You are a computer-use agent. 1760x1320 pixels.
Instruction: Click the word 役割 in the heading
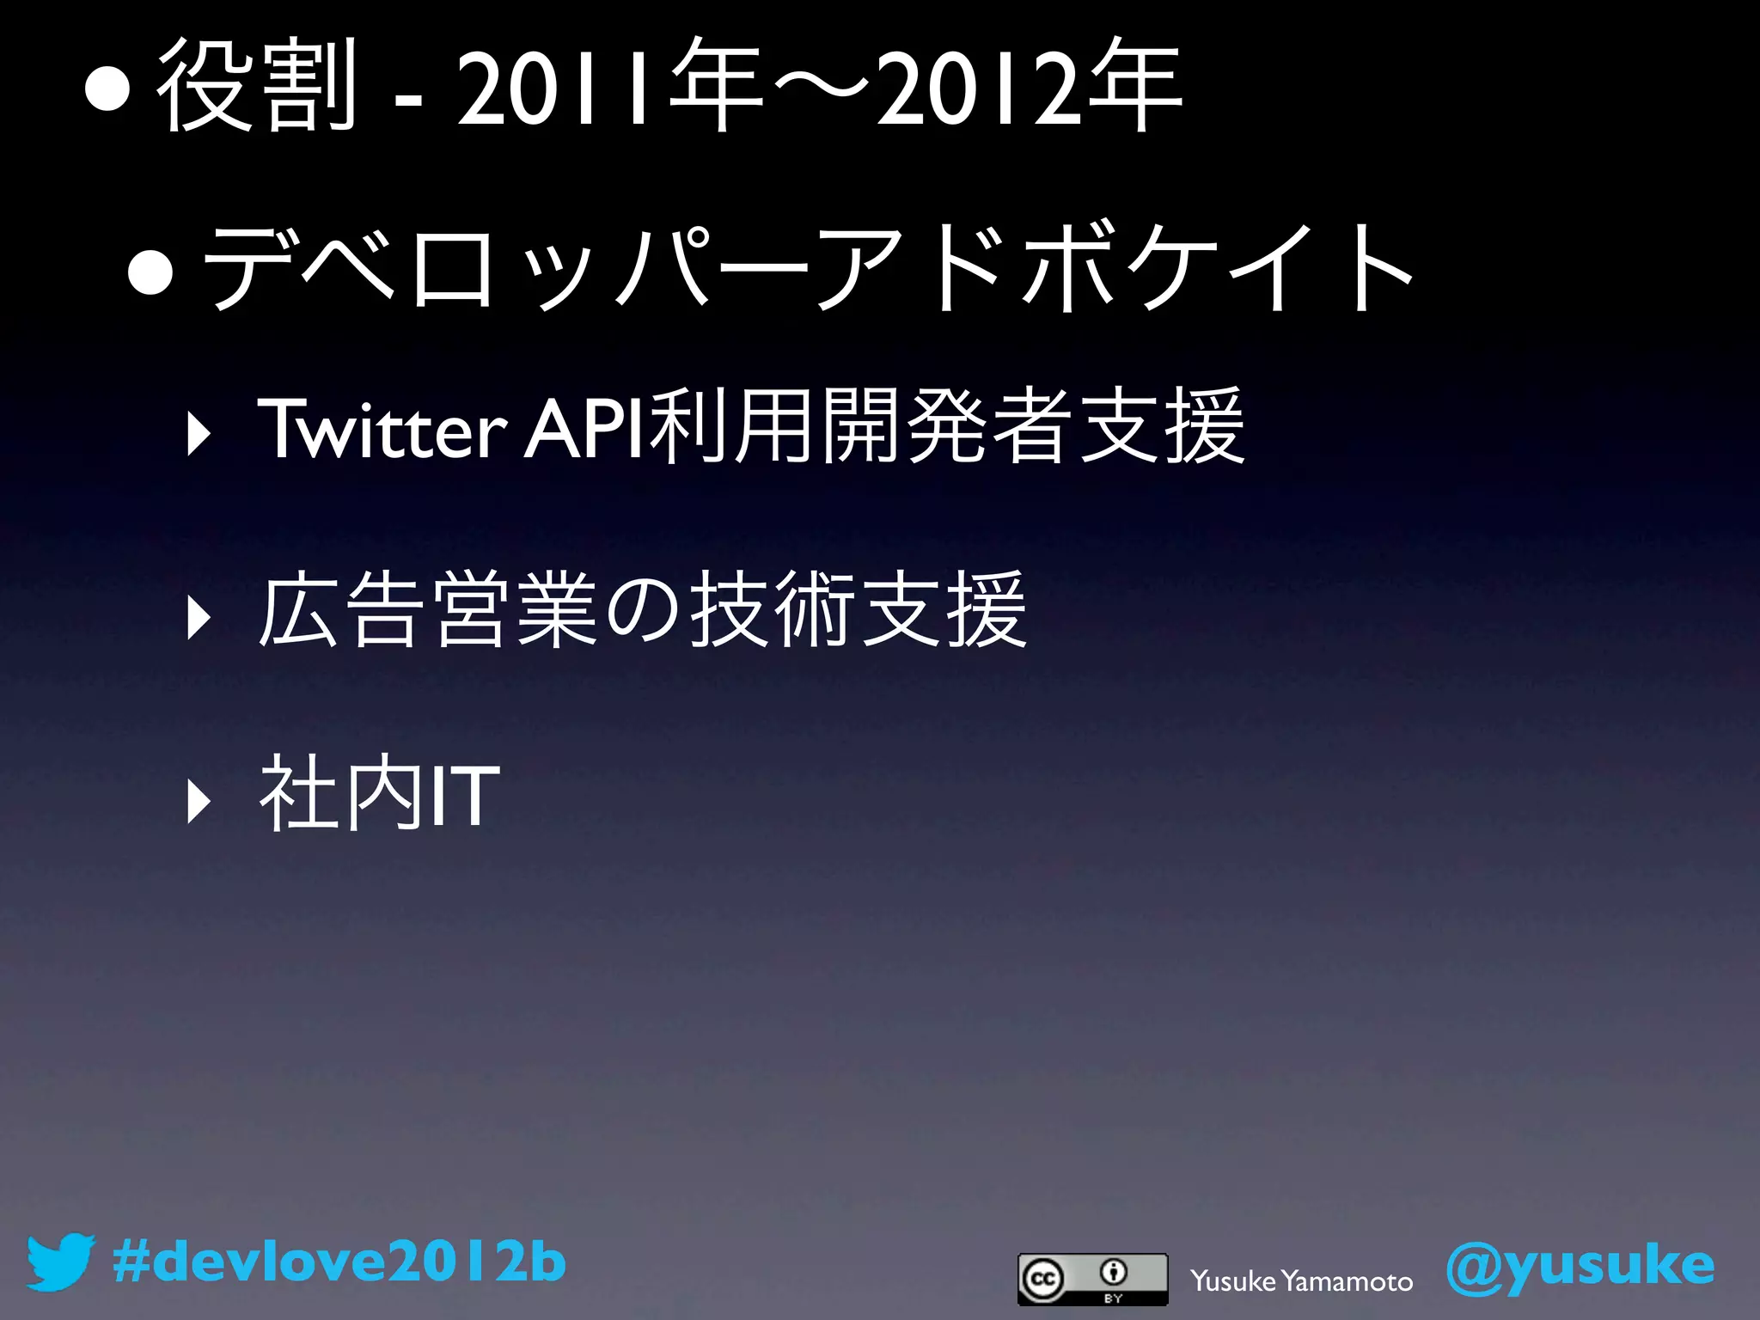point(256,86)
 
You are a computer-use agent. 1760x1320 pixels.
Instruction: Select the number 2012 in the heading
point(977,86)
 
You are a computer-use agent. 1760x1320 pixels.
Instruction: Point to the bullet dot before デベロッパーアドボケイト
point(151,272)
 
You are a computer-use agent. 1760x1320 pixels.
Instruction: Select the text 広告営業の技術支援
point(642,610)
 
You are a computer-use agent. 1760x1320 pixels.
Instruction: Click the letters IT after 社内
point(463,796)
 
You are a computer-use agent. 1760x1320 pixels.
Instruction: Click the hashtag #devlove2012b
point(339,1262)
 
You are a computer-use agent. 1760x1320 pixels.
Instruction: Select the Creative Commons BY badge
point(1092,1279)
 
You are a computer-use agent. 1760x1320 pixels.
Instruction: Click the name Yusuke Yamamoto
point(1301,1281)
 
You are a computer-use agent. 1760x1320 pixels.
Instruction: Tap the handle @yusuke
point(1580,1265)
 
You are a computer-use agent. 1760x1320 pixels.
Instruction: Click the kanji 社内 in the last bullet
point(340,794)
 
